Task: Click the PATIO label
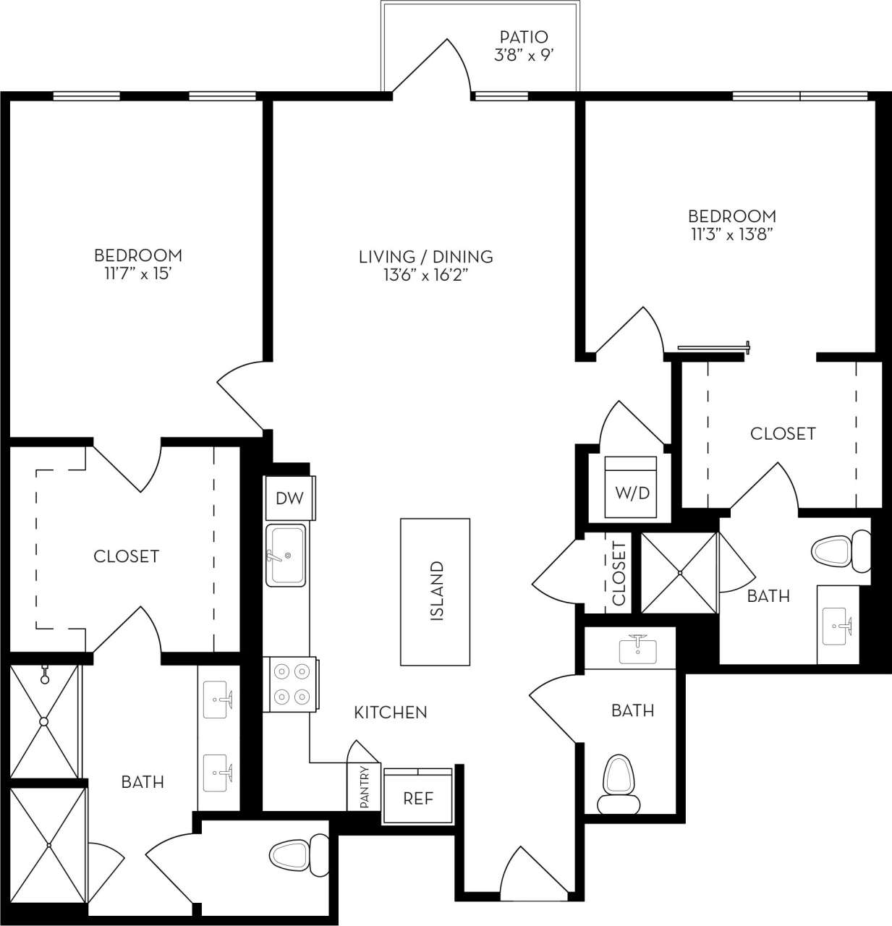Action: [x=524, y=36]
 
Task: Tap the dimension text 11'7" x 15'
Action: [x=137, y=274]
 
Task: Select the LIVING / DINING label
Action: [x=426, y=256]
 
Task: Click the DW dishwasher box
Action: [x=289, y=498]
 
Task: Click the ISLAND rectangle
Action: [x=436, y=591]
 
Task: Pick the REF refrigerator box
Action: [x=418, y=798]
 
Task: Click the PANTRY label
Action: [x=364, y=787]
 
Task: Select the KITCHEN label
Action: [x=391, y=713]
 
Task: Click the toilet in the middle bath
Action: [x=619, y=784]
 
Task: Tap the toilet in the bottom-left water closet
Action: [x=298, y=854]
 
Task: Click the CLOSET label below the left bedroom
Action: [x=126, y=556]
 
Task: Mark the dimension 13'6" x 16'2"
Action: [x=426, y=275]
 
